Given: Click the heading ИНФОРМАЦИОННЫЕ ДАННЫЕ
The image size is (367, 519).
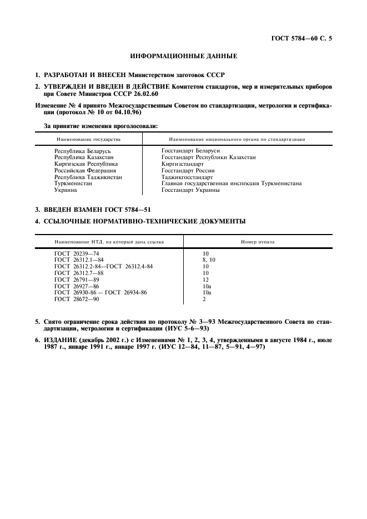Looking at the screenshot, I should (x=183, y=57).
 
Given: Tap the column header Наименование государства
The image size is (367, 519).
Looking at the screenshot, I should (x=87, y=139).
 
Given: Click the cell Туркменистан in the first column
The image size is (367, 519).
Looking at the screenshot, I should (x=73, y=184).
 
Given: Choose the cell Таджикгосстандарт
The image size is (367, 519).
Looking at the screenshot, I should (x=187, y=177).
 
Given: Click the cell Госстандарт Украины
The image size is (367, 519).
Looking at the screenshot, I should (x=190, y=190).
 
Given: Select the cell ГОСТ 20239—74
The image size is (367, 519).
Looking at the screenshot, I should (x=76, y=253).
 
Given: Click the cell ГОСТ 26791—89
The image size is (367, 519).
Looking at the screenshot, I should (x=76, y=279).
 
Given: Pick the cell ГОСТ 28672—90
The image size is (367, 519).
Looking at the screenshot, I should (x=76, y=299).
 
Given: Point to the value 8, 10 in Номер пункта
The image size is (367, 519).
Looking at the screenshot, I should (x=209, y=260).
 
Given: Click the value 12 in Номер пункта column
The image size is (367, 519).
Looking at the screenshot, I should (x=205, y=279).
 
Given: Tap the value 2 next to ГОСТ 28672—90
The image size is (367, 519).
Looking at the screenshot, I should (x=204, y=299).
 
